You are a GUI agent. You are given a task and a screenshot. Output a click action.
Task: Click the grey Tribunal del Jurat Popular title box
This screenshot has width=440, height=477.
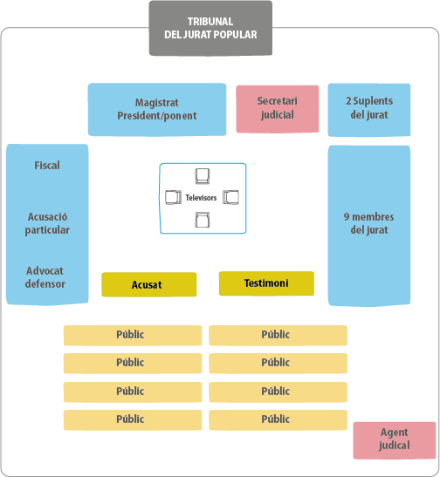tap(210, 28)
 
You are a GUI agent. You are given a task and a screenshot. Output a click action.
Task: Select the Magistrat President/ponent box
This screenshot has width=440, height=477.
tap(157, 110)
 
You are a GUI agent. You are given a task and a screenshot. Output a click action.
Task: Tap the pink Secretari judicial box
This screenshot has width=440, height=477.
tap(277, 109)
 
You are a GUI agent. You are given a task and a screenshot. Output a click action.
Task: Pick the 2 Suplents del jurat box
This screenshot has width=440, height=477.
tap(369, 110)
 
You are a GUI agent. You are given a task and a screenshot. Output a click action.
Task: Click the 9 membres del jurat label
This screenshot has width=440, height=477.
tap(368, 223)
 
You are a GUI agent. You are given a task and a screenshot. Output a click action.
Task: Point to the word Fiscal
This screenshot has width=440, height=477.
tap(47, 166)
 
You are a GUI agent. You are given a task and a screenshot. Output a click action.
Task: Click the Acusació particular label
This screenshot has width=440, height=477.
tap(47, 223)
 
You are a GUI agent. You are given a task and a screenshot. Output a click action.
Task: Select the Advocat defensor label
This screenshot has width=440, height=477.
tap(45, 277)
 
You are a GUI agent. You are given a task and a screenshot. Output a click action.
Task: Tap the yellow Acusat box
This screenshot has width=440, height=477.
tap(149, 284)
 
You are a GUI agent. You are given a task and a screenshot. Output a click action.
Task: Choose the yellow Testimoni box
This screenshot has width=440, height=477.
tap(266, 283)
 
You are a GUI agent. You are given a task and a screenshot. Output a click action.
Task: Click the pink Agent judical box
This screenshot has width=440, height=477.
tap(395, 440)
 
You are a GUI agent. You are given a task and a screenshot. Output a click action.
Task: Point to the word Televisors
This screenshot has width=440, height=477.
tap(201, 198)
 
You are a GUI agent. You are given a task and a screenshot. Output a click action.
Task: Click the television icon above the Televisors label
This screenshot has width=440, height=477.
tap(203, 176)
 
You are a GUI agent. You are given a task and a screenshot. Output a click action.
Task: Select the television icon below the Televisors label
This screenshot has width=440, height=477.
tap(203, 220)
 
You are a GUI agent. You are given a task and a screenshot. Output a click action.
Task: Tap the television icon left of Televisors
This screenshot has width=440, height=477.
tap(173, 197)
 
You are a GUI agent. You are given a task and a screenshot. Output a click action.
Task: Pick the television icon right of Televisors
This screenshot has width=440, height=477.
tap(230, 197)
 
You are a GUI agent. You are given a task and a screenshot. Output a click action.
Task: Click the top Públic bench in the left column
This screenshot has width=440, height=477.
tap(133, 335)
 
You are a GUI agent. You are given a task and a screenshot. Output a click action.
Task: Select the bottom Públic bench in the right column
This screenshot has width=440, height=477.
tap(278, 419)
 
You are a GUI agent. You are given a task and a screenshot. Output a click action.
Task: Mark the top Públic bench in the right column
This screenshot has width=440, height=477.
tap(278, 335)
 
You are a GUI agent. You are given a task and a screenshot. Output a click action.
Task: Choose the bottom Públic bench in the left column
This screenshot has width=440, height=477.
tap(133, 419)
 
